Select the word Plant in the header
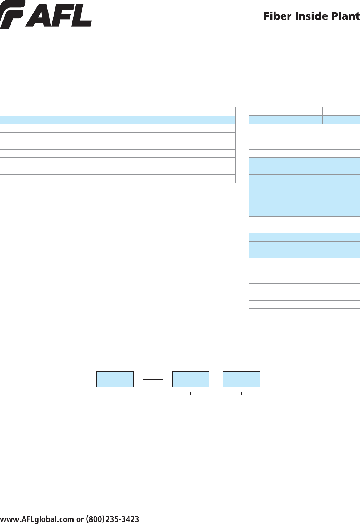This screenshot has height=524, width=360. [x=345, y=16]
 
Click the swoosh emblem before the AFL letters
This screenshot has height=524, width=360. [x=12, y=15]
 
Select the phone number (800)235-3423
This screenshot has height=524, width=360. [x=112, y=519]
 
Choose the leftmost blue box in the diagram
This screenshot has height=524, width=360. [x=115, y=379]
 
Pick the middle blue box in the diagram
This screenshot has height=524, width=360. [x=191, y=379]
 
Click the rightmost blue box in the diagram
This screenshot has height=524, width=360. [x=241, y=379]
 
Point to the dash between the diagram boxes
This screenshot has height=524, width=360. [x=153, y=379]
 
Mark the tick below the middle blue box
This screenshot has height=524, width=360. [x=191, y=393]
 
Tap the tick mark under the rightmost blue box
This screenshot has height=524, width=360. [x=241, y=393]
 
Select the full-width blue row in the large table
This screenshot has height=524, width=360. [x=118, y=120]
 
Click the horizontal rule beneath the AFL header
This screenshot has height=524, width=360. [x=180, y=39]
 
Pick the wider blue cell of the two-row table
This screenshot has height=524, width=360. [x=285, y=120]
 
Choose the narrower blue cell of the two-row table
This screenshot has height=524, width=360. [x=341, y=120]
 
